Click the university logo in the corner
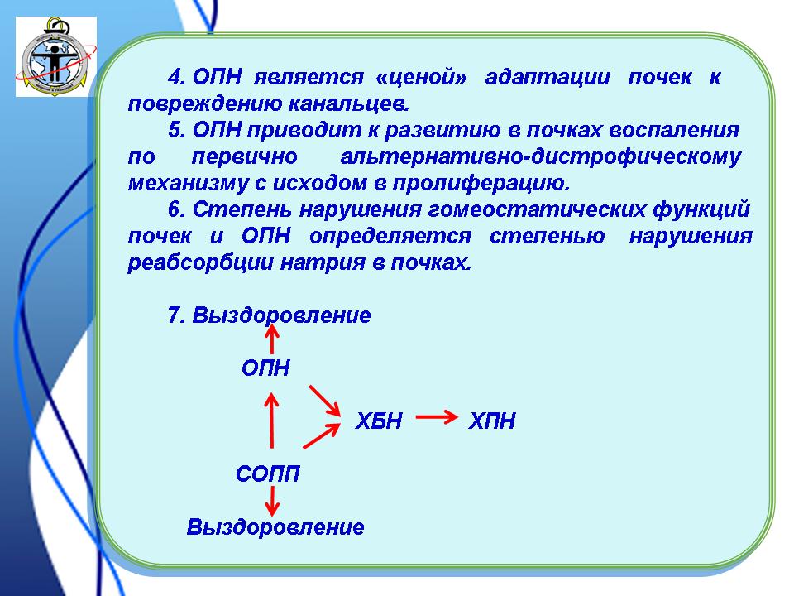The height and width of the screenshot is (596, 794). point(56,56)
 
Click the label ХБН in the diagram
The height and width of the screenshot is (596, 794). point(379,421)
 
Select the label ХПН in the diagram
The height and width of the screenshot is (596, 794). point(491,421)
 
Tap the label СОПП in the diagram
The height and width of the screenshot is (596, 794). point(268,473)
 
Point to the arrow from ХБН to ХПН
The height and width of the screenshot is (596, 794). point(437,417)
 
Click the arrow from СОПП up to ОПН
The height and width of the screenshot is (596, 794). point(272,421)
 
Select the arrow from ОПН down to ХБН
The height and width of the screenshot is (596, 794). point(324,401)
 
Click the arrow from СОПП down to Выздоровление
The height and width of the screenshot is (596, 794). point(272,501)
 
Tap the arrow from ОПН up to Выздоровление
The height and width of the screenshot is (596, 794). point(272,339)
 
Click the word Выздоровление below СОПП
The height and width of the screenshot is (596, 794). point(275,527)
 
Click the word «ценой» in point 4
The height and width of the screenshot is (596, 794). point(422,77)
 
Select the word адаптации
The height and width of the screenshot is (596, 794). point(548,77)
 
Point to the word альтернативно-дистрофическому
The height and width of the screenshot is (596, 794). point(541,156)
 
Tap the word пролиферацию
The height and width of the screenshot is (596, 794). point(481,183)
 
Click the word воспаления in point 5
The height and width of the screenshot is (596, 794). point(674,130)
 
